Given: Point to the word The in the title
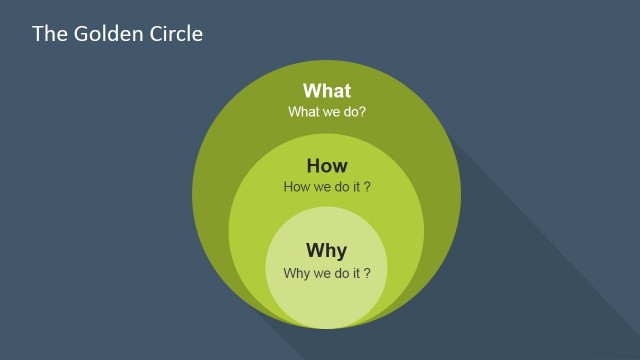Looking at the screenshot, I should (x=48, y=34).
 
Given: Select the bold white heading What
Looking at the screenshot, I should (x=327, y=91).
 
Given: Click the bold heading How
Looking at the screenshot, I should (x=327, y=166).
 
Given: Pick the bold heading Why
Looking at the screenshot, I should (x=327, y=250).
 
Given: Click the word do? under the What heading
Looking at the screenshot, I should (x=353, y=112).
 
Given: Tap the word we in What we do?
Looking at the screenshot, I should (x=329, y=112).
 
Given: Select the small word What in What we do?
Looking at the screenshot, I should (x=303, y=112).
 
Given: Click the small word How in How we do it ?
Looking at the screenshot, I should (x=298, y=187).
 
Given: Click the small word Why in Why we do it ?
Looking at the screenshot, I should (x=297, y=272).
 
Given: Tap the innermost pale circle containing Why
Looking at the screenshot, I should (x=327, y=300).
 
